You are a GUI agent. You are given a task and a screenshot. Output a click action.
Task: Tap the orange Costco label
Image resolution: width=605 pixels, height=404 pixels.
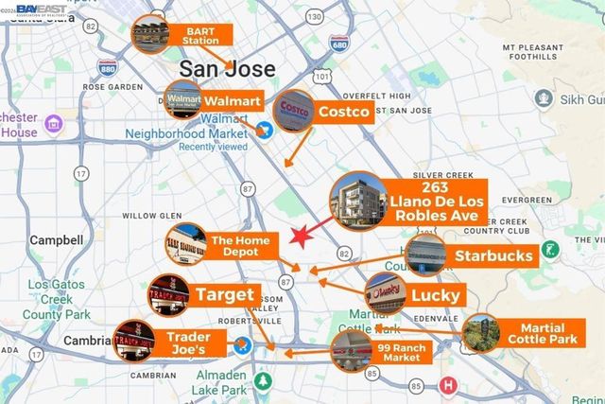(x=343, y=112)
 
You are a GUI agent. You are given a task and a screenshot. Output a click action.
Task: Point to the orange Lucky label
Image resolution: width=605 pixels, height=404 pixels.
(x=436, y=295)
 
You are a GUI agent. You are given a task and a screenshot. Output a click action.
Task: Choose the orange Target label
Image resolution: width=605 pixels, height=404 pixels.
(x=225, y=294)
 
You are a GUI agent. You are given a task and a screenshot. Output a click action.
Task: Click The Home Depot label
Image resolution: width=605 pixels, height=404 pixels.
(x=240, y=247)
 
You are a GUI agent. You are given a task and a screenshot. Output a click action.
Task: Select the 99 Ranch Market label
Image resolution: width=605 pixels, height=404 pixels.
(x=398, y=352)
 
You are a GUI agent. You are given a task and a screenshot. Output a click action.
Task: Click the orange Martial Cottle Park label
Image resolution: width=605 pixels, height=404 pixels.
(x=543, y=332)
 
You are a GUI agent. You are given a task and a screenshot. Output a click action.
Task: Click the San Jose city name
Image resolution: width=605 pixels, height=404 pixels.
(x=228, y=69)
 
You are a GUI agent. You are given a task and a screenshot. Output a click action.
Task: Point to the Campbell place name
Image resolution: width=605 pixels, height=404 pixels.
(x=57, y=240)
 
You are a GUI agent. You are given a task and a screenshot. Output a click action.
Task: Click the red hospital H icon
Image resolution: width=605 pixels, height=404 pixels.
(x=448, y=386)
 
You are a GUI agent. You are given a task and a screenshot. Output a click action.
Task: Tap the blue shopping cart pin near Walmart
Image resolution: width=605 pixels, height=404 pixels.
(x=268, y=131)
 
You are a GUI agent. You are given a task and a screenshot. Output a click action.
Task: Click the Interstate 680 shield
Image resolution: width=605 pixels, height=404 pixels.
(x=339, y=45)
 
